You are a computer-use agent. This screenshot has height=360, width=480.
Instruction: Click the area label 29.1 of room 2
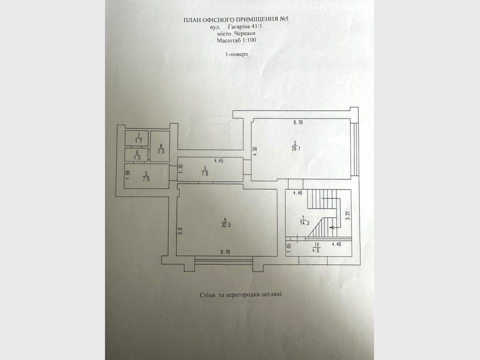tap(295, 149)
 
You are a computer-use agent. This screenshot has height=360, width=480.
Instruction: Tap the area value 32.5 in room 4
tap(226, 225)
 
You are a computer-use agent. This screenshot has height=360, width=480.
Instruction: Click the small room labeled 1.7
tap(136, 138)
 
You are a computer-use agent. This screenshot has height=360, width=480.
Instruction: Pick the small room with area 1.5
tap(136, 155)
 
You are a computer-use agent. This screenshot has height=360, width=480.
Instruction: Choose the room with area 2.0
tap(160, 146)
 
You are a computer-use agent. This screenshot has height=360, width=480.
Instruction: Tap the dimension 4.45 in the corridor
tap(218, 160)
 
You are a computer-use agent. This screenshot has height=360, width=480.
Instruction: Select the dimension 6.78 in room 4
tap(225, 252)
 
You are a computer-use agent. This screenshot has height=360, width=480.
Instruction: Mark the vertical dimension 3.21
tap(347, 215)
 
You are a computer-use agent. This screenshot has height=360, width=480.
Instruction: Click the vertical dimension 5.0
tap(180, 230)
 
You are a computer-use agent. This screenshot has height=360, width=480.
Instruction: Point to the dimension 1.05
tap(289, 247)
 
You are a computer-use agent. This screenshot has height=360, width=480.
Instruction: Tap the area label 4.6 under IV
tap(316, 250)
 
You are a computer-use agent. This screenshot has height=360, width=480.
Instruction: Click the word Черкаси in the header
tap(245, 33)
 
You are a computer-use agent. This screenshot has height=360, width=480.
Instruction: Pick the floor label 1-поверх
tap(236, 54)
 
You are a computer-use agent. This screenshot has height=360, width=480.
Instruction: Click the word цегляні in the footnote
tap(272, 295)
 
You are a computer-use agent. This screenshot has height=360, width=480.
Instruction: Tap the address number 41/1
tap(256, 26)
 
